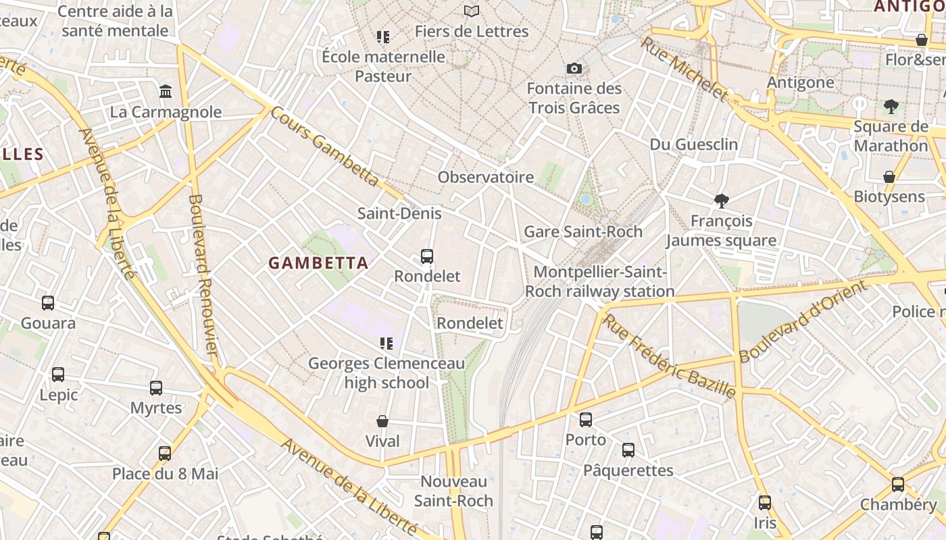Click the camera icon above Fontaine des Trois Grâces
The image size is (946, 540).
click(574, 68)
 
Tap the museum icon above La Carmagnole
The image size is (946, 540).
click(166, 91)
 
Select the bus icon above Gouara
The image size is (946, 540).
click(48, 303)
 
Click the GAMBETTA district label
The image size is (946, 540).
click(319, 263)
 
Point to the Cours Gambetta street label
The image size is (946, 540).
click(324, 146)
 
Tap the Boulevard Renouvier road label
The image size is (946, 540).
click(203, 275)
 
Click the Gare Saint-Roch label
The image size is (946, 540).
click(583, 232)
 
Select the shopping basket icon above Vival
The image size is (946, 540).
click(382, 421)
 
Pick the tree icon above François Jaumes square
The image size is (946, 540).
click(722, 200)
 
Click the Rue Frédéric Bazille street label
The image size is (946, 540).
click(669, 355)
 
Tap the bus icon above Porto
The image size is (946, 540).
click(586, 420)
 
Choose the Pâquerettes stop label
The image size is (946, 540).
click(628, 470)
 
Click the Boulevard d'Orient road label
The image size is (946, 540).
click(802, 322)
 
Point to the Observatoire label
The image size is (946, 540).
click(486, 178)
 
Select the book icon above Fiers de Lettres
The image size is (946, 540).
click(471, 11)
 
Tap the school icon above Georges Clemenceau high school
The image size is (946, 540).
click(387, 344)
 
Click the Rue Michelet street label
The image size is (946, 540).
click(684, 69)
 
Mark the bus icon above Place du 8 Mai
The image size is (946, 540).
click(165, 454)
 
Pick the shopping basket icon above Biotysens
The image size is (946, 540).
click(889, 177)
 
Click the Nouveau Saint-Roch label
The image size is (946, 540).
click(453, 491)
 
